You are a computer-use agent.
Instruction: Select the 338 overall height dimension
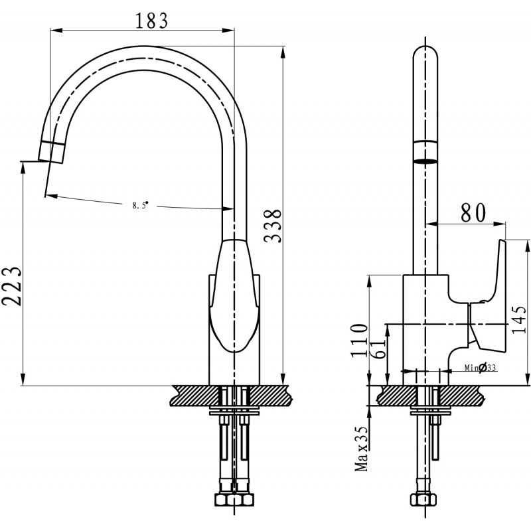[272, 226]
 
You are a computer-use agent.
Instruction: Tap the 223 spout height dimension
[13, 286]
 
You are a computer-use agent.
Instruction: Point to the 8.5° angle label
[139, 205]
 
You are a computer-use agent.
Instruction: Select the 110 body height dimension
[360, 339]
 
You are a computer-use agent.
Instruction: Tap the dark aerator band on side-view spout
[425, 160]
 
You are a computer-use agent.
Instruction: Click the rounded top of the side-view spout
[425, 53]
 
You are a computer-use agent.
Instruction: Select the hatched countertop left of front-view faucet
[192, 396]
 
